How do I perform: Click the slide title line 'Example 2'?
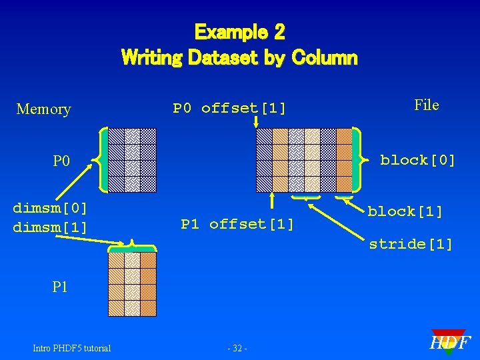tap(239, 31)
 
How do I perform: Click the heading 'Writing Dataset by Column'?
tap(239, 57)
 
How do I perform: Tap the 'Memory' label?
tap(43, 109)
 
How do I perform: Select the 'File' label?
tap(426, 105)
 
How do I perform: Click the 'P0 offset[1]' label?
tap(229, 108)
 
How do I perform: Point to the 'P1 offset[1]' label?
tap(237, 224)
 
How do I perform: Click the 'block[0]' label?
tap(417, 160)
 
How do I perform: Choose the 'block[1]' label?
tap(405, 211)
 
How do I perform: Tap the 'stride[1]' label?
tap(411, 244)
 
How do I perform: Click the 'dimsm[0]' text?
tap(50, 208)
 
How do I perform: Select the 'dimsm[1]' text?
tap(50, 227)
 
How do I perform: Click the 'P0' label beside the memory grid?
tap(61, 161)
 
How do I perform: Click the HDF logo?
tap(449, 343)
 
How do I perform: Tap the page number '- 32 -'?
tap(238, 348)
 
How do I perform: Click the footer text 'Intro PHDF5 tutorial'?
tap(71, 348)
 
